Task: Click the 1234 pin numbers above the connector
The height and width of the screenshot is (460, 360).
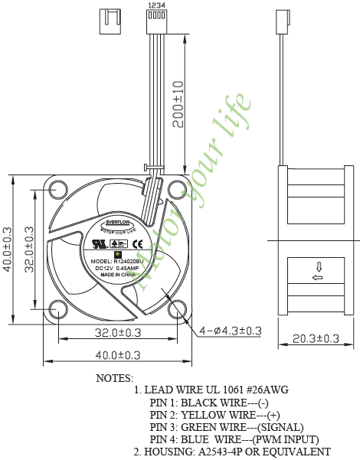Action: tap(155, 5)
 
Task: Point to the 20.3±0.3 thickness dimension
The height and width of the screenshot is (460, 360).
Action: tap(316, 338)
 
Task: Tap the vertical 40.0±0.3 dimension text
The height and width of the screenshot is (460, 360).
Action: tap(8, 248)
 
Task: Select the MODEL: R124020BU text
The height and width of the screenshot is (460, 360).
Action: tap(118, 261)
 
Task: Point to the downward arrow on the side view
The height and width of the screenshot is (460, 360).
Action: tap(316, 267)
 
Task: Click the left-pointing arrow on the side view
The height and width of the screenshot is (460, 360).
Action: tap(316, 278)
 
